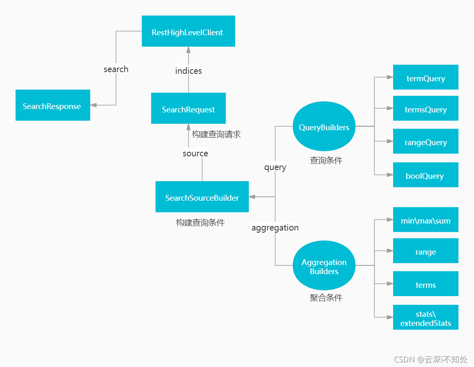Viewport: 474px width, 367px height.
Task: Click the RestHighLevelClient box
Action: click(188, 31)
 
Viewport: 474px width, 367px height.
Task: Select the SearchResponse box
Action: click(53, 105)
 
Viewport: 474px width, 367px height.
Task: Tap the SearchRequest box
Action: click(188, 108)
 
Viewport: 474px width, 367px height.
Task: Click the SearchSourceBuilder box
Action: click(202, 197)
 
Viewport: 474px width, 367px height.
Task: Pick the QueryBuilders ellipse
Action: click(324, 127)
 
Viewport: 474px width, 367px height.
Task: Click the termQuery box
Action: click(425, 77)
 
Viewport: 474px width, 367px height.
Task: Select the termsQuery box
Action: click(425, 108)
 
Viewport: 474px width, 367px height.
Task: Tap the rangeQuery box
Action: click(425, 141)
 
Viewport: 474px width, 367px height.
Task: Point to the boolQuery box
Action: click(425, 175)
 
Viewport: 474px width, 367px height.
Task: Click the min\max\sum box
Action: click(425, 220)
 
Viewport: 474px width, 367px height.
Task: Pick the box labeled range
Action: click(425, 251)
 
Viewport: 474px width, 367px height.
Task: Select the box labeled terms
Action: click(425, 284)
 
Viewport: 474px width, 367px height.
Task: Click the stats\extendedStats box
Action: click(425, 318)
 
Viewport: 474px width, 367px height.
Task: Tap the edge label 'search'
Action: click(116, 69)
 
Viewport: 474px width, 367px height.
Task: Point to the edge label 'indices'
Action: click(188, 71)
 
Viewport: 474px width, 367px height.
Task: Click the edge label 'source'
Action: click(195, 153)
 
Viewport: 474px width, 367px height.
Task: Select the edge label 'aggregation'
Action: click(275, 228)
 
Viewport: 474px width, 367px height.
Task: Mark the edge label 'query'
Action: click(275, 167)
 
